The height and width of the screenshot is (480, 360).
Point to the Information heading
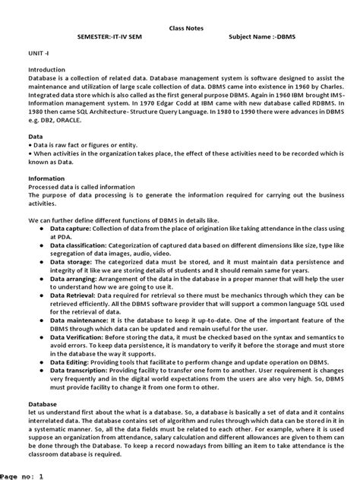pos(47,179)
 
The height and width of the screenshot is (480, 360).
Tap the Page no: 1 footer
pos(27,475)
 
